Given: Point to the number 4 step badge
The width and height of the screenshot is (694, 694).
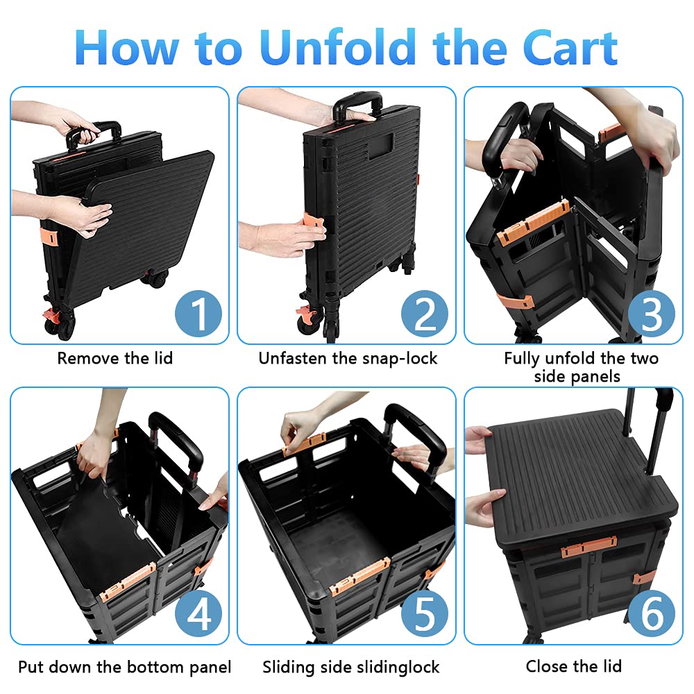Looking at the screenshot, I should click(199, 615).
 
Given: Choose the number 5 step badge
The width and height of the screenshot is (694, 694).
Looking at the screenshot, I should click(425, 615).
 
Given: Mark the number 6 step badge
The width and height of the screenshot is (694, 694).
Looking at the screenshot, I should click(652, 615).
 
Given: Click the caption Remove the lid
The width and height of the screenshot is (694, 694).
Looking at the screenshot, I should click(115, 358).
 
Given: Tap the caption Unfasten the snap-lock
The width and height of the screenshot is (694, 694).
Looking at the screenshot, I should click(348, 358).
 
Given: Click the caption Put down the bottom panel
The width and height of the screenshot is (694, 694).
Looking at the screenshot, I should click(125, 667).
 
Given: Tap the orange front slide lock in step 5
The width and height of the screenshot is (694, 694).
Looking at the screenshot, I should click(359, 575).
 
